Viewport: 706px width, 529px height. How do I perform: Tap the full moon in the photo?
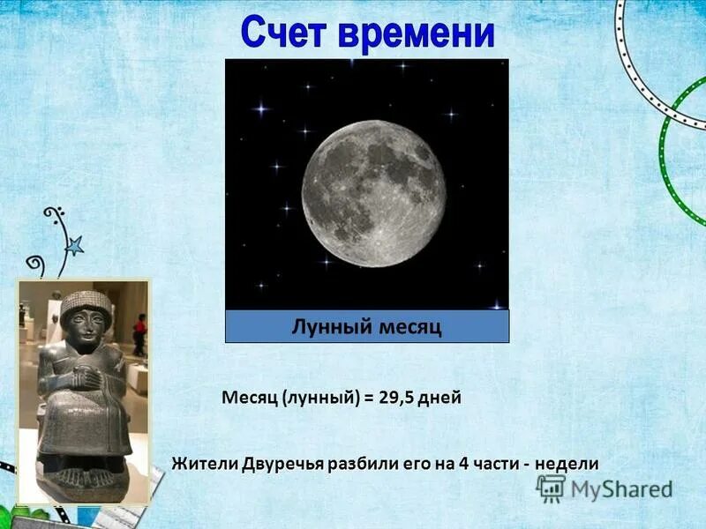tap(374, 182)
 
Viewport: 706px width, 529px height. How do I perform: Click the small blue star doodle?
tap(74, 246)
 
